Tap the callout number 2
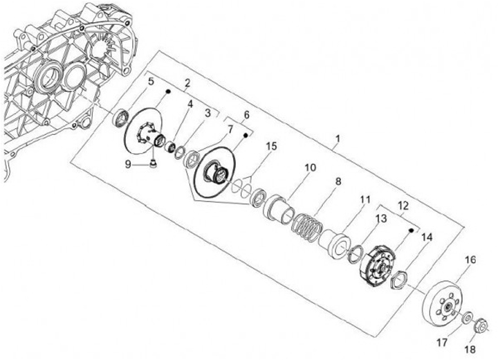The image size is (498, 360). tap(187, 83)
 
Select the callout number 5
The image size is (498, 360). tap(151, 83)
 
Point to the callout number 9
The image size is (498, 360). tap(128, 164)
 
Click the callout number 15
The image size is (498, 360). tap(271, 146)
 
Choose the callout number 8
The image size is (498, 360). tap(338, 182)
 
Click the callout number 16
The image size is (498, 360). tap(470, 260)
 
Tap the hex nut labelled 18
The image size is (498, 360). tap(483, 323)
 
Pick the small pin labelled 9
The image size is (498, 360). tap(152, 164)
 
